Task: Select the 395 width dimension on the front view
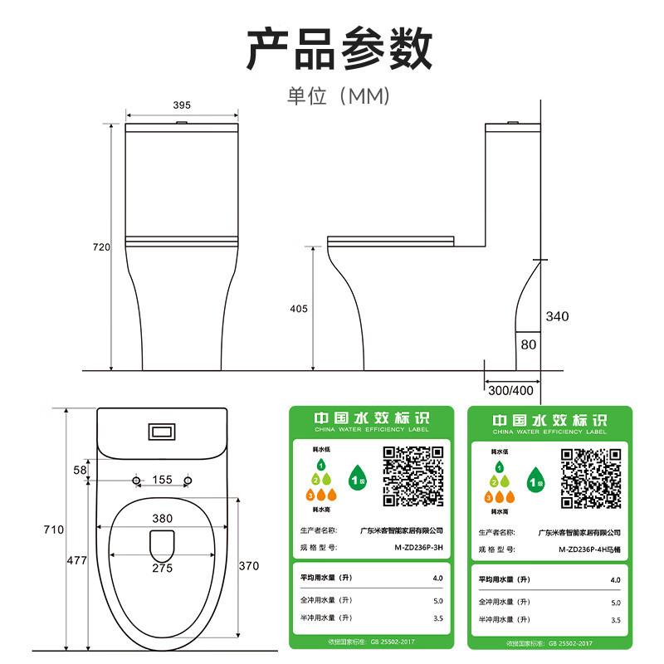click(x=182, y=105)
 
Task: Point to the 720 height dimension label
click(x=101, y=247)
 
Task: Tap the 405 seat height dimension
click(x=299, y=309)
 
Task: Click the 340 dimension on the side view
click(x=558, y=316)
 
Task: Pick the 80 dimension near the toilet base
click(x=528, y=344)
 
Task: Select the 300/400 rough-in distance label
click(x=512, y=389)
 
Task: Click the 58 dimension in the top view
click(x=80, y=470)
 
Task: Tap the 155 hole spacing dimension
click(x=163, y=480)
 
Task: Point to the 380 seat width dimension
click(x=163, y=518)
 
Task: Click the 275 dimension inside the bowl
click(x=163, y=568)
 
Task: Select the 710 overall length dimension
click(x=54, y=530)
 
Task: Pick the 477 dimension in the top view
click(x=77, y=561)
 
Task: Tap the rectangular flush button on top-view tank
click(x=162, y=432)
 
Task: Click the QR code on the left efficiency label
click(x=413, y=476)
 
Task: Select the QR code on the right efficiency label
click(x=591, y=478)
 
